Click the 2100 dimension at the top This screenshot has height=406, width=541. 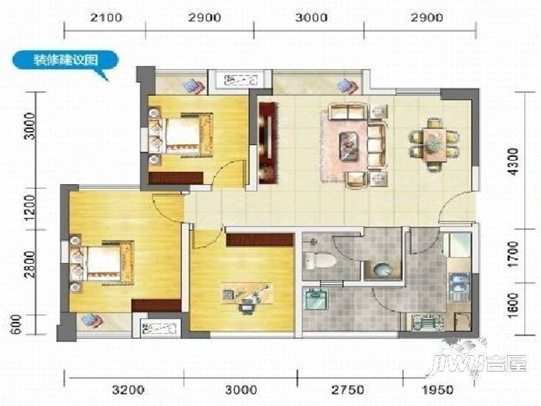(106, 18)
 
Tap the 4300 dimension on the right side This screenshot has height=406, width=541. (513, 161)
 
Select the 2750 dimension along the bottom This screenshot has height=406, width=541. (348, 390)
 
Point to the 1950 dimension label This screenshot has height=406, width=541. (438, 390)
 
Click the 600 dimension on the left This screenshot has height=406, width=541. (16, 325)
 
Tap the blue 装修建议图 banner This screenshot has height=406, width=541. (65, 60)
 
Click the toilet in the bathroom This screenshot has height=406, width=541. (320, 260)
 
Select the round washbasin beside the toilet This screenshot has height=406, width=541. (382, 269)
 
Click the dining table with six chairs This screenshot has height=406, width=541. (434, 144)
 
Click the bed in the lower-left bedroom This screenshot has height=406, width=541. (102, 263)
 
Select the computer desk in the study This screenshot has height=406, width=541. (248, 294)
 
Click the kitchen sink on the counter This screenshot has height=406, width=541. (458, 287)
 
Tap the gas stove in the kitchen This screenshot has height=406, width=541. (427, 323)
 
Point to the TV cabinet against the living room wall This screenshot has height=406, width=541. (268, 143)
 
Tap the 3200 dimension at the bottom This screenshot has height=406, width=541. (128, 390)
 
